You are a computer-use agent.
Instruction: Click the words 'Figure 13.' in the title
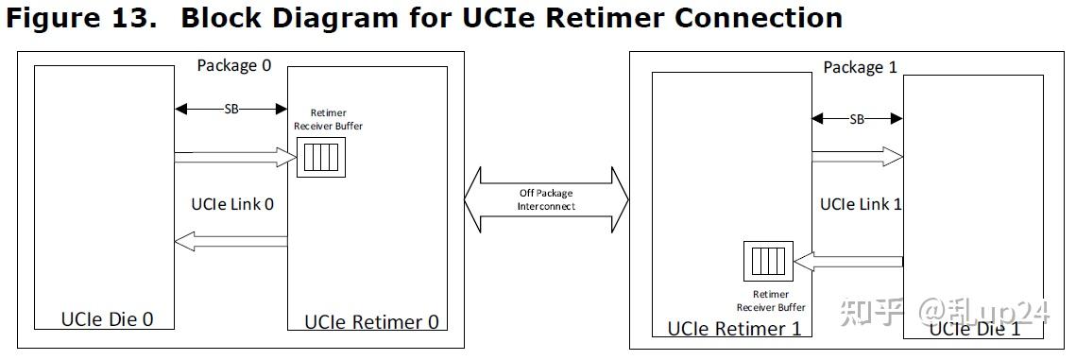pos(80,18)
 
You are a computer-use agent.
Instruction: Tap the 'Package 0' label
pos(233,65)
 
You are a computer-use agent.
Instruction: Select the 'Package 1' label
pos(860,67)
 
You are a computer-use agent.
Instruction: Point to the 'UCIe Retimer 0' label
pos(371,321)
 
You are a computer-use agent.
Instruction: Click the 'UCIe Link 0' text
pos(231,203)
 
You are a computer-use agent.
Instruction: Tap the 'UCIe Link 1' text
pos(861,203)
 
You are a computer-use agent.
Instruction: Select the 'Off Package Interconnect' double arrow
pos(546,200)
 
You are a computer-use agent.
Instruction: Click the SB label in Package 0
pos(231,109)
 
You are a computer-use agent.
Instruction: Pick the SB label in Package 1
pos(857,119)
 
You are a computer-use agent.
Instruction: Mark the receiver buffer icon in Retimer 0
pos(317,156)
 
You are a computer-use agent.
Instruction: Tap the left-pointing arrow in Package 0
pos(231,242)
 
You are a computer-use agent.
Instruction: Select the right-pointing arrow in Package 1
pos(857,156)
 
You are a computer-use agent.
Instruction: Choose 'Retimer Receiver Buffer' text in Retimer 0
pos(328,119)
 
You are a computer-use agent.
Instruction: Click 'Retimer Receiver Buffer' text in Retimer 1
pos(771,300)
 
